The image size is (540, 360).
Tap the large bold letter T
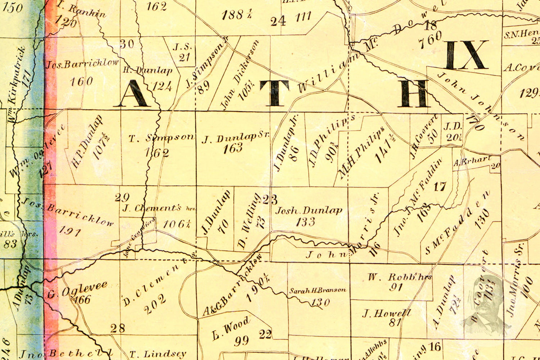275,93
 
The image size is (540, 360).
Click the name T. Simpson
161,138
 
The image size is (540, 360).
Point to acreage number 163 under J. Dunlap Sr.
233,148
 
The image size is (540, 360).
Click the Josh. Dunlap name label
309,211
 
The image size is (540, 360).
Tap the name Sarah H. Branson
318,290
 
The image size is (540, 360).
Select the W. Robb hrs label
400,277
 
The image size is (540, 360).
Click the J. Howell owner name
386,313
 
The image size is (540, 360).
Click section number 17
440,186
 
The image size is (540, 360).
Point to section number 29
122,197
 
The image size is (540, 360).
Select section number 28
118,328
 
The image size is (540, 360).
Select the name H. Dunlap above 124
148,70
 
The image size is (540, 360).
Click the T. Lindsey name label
158,354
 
